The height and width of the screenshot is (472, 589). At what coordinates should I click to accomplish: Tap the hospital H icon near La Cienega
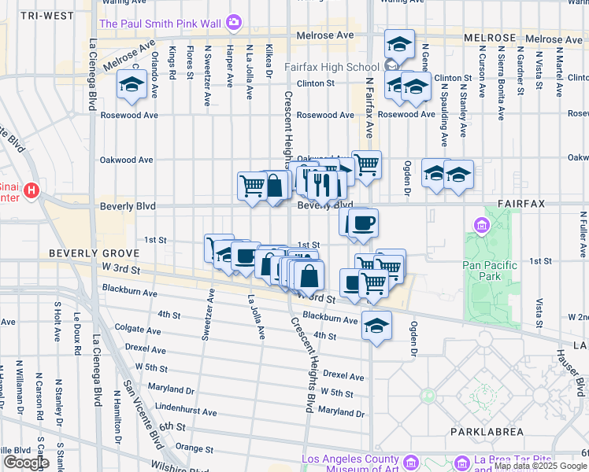(x=31, y=191)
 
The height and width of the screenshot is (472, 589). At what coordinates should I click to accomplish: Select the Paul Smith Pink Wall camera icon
(x=233, y=23)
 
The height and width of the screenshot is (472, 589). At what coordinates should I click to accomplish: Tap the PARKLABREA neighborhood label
(x=487, y=432)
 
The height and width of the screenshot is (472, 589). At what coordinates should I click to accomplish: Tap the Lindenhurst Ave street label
(x=188, y=407)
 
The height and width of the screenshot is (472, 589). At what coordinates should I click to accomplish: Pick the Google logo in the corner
(x=25, y=463)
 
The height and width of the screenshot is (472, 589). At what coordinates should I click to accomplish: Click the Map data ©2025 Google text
(x=541, y=466)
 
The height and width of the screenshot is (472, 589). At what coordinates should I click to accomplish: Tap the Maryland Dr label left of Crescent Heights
(x=169, y=389)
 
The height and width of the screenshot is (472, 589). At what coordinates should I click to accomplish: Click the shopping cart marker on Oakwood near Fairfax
(x=366, y=165)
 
